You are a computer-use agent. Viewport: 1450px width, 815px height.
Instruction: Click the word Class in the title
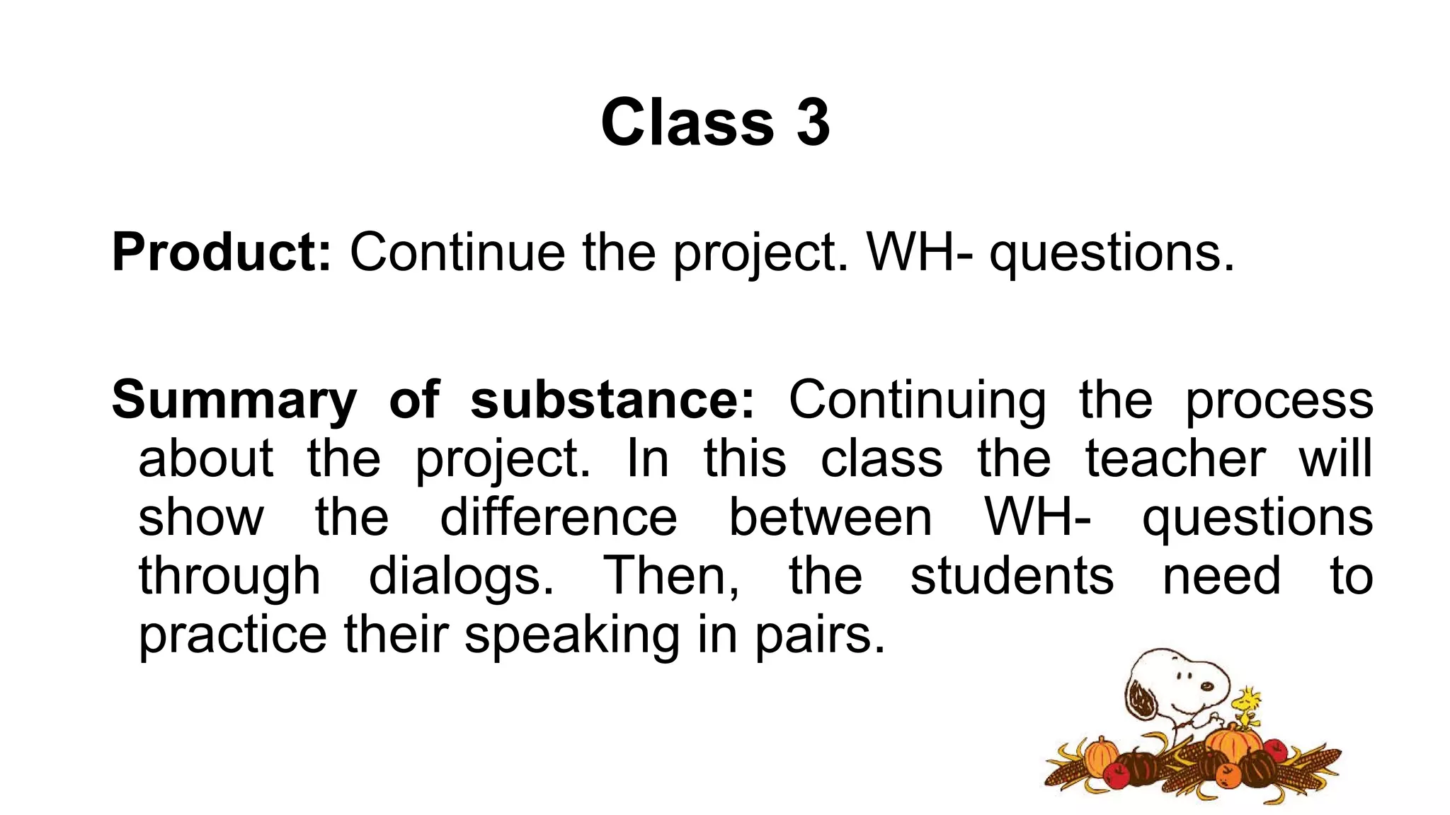coord(687,122)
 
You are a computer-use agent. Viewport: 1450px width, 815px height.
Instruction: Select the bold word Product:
coord(221,253)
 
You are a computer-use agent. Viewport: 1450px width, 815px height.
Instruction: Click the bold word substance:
coord(612,400)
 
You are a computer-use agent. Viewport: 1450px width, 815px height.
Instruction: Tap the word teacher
coord(1175,458)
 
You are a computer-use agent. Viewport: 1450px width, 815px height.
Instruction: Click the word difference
coord(559,517)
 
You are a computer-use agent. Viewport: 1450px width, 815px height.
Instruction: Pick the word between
coord(830,517)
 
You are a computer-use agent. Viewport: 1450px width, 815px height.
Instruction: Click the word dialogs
coord(461,576)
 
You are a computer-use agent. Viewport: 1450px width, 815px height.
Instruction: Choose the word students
coord(1012,576)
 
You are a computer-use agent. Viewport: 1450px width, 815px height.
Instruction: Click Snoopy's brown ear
coord(1141,700)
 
